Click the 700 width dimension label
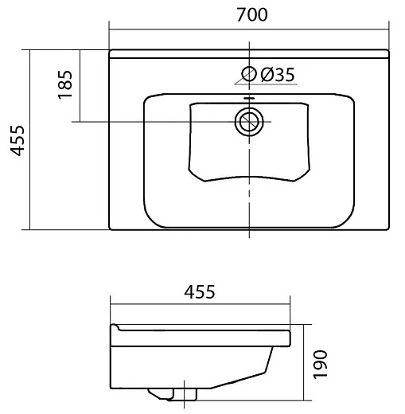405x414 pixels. [x=252, y=14]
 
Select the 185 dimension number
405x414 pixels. [x=65, y=84]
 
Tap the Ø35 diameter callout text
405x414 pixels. [x=278, y=75]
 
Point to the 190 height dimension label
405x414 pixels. [x=321, y=365]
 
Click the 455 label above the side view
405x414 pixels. [x=200, y=292]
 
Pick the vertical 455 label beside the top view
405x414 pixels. [x=18, y=140]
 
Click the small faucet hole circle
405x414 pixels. [x=249, y=73]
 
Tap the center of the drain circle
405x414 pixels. [x=249, y=122]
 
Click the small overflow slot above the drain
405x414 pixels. [x=249, y=98]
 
